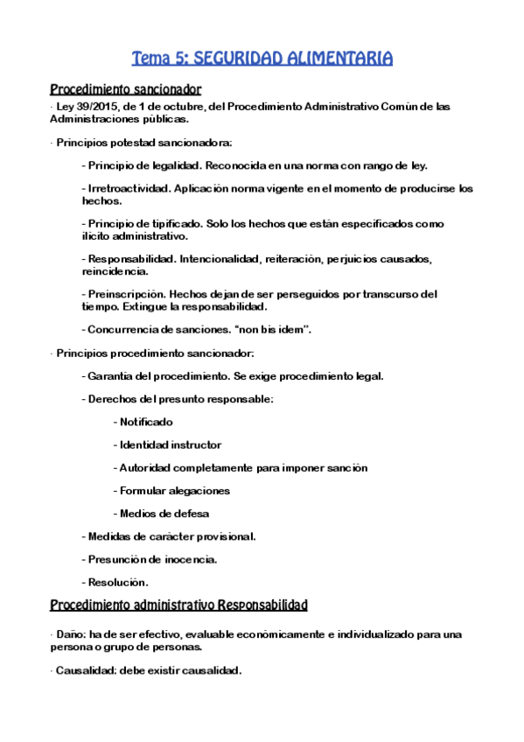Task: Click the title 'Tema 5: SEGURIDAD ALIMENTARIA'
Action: coord(262,59)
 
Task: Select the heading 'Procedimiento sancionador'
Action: coord(126,89)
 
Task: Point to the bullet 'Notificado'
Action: coord(146,422)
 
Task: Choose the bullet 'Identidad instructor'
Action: coord(170,444)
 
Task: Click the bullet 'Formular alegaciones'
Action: coord(174,490)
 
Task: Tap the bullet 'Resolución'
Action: coord(118,582)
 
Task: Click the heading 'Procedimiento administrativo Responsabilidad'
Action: coord(178,605)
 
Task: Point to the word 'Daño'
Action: coord(70,633)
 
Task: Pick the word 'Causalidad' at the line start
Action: coord(84,670)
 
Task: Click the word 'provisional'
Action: coord(223,536)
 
